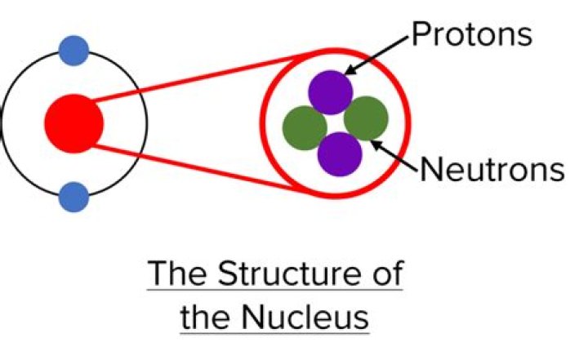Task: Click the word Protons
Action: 471,34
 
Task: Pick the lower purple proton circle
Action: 339,153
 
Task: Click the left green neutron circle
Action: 305,127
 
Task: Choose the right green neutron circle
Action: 365,118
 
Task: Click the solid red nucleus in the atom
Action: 73,123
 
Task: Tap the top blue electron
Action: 73,51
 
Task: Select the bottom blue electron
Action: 73,197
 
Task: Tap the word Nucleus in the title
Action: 298,315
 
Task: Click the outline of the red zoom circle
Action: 406,122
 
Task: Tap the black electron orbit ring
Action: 145,122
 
